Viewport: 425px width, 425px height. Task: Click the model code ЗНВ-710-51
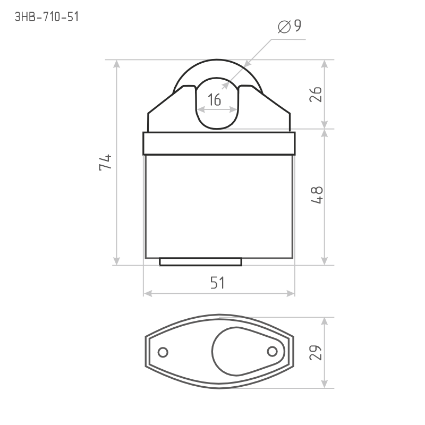tap(47, 17)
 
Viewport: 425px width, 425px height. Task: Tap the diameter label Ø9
tap(290, 26)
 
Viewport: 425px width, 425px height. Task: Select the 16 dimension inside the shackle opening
tap(215, 100)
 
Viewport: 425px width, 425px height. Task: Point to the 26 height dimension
tap(316, 95)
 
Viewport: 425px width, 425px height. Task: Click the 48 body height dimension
tap(317, 195)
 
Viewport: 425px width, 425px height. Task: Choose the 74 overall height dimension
tap(105, 163)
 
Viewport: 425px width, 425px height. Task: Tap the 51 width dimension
tap(217, 283)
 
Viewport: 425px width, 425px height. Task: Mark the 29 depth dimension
tap(316, 353)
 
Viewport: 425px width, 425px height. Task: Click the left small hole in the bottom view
tap(163, 352)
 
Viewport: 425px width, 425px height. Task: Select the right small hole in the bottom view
tap(273, 352)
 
